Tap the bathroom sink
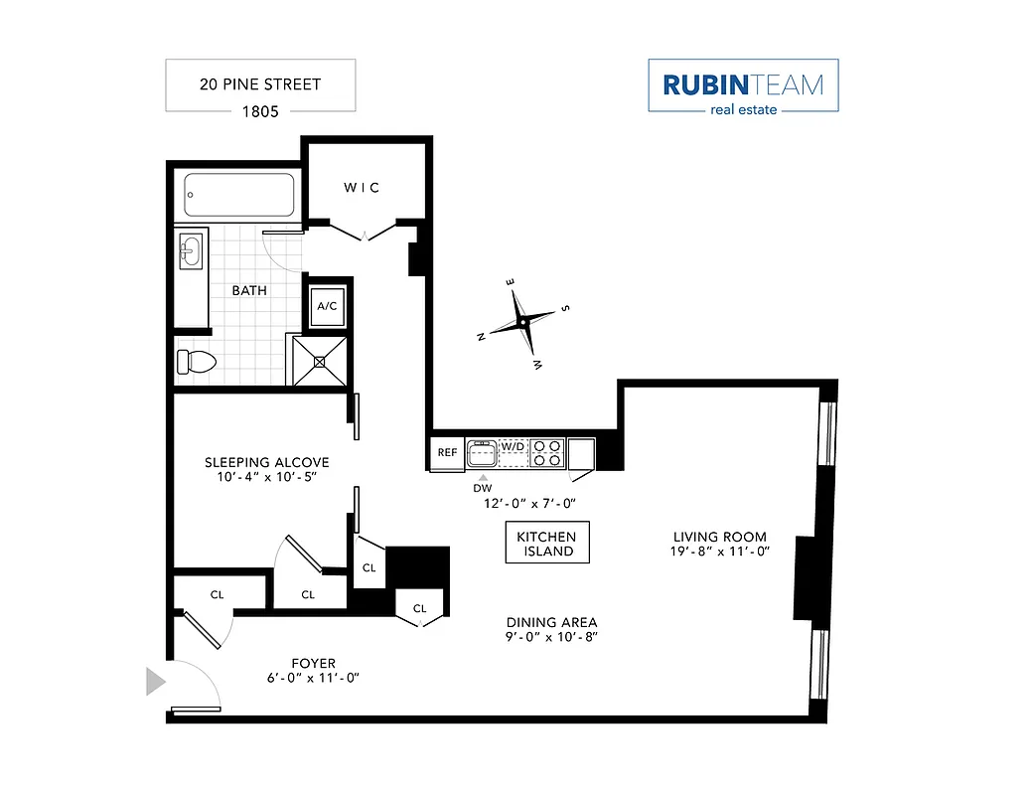[191, 249]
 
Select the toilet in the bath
[194, 362]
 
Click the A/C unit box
[327, 305]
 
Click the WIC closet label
[362, 187]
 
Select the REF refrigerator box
[447, 453]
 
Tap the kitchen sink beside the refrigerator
[483, 453]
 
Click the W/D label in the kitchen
[514, 446]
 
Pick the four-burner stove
[547, 453]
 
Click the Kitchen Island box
[547, 543]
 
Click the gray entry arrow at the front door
[155, 682]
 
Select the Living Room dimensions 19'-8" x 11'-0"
[719, 552]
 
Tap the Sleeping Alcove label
[266, 462]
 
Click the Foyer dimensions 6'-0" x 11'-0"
[313, 678]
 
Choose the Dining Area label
[551, 622]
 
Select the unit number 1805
[260, 110]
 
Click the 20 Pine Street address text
[260, 84]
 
